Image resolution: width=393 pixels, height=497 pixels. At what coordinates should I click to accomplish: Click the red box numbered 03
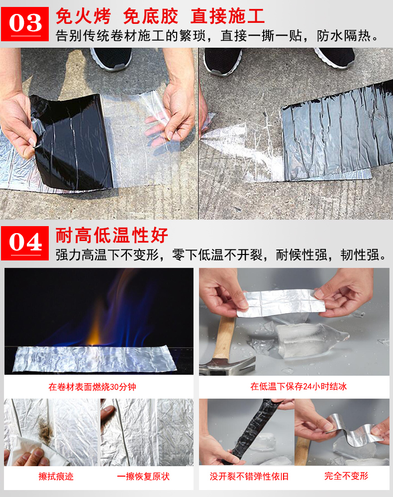tap(25, 24)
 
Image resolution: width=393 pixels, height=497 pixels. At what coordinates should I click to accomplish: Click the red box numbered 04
tap(25, 243)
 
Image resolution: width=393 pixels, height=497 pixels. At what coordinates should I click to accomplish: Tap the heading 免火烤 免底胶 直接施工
tap(160, 16)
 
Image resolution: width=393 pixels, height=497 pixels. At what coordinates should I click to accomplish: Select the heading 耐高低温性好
tap(111, 235)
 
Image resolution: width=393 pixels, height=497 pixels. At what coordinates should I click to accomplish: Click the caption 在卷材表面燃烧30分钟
tap(93, 387)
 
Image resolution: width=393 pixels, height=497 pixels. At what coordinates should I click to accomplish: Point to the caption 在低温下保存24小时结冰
tap(298, 386)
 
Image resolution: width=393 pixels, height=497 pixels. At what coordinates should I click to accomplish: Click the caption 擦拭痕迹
tap(56, 477)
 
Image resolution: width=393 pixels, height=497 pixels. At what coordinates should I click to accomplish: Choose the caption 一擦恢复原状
tap(143, 477)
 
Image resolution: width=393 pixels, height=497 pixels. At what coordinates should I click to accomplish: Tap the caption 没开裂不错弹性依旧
tap(249, 477)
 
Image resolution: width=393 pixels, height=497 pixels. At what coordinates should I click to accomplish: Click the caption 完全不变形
tap(346, 476)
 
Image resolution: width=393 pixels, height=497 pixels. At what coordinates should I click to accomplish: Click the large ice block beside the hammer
tap(306, 341)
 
